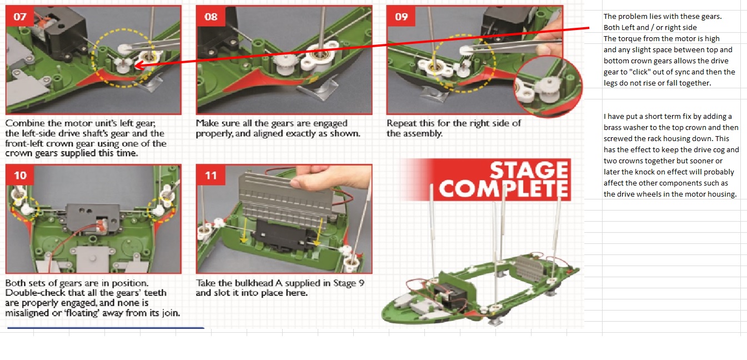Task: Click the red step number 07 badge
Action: tap(19, 16)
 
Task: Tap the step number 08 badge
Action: tap(210, 16)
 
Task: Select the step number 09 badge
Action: tap(401, 16)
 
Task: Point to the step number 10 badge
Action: tap(20, 175)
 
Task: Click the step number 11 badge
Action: tap(210, 175)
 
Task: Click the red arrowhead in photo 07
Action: tap(140, 65)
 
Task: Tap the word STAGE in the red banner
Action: tap(529, 170)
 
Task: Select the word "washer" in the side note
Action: tap(635, 127)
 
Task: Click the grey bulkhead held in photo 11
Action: tap(287, 197)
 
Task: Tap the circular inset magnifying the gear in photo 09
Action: tap(549, 87)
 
